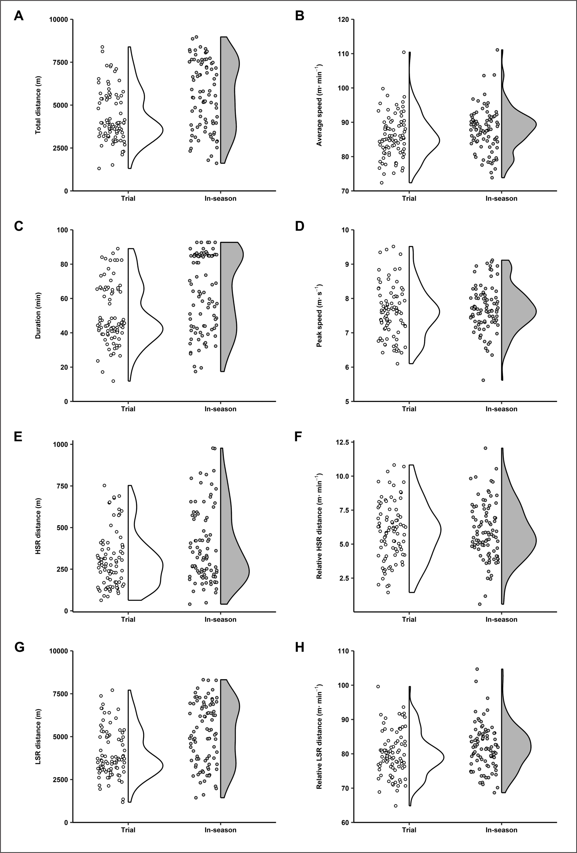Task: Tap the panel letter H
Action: click(300, 647)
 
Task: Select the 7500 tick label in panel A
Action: click(59, 62)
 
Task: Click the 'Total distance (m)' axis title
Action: click(38, 105)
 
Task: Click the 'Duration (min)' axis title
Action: click(38, 316)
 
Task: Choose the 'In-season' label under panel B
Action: click(501, 199)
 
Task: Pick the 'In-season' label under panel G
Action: click(221, 830)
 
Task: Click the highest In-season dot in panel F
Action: click(486, 448)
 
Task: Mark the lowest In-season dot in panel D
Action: click(483, 380)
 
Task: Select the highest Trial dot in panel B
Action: click(403, 52)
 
